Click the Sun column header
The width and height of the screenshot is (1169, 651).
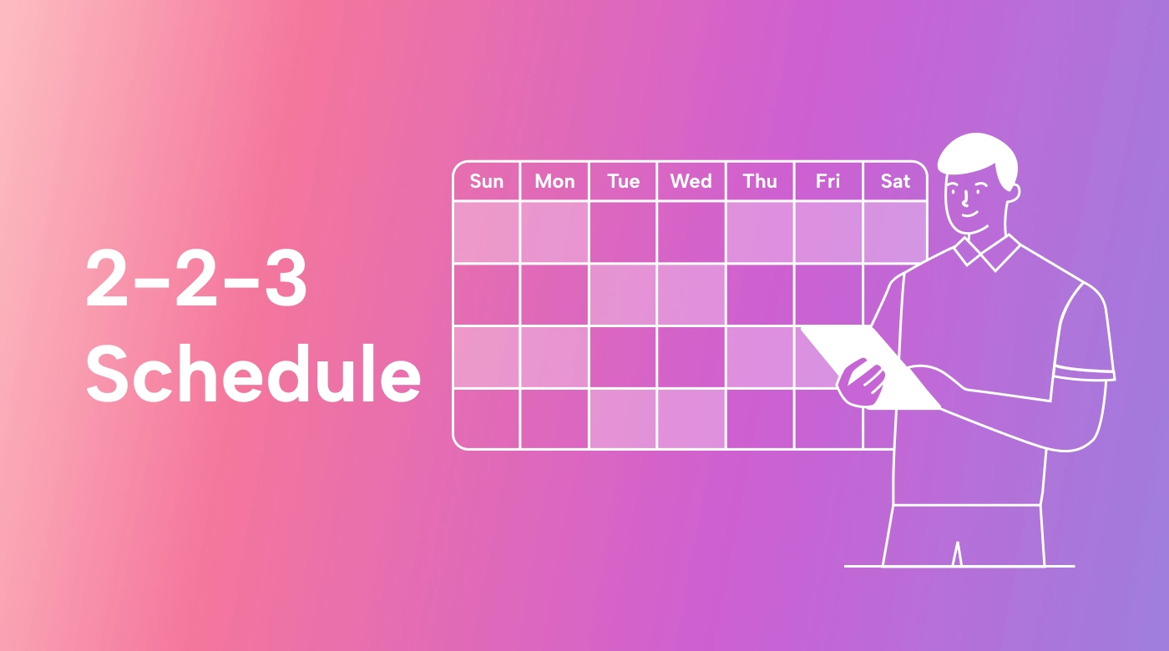click(486, 181)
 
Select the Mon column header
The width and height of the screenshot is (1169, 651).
click(554, 181)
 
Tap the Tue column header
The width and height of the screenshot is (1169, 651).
click(623, 181)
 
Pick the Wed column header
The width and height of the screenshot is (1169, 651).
click(691, 181)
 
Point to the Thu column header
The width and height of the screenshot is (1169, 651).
click(760, 181)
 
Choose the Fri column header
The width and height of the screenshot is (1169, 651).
click(827, 181)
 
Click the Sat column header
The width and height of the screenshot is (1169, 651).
click(895, 181)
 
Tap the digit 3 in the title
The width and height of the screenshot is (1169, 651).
click(286, 277)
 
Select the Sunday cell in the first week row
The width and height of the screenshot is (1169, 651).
click(486, 232)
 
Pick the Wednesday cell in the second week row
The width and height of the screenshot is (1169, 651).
click(691, 295)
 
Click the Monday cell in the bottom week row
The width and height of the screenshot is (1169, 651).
click(554, 418)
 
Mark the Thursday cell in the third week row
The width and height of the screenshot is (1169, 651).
click(760, 357)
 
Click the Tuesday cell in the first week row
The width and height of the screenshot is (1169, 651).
click(623, 232)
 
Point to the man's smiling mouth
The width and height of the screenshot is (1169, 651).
click(969, 214)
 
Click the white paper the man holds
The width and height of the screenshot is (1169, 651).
click(869, 366)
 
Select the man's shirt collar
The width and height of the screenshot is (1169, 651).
click(986, 253)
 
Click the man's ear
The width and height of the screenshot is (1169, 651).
click(1013, 193)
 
